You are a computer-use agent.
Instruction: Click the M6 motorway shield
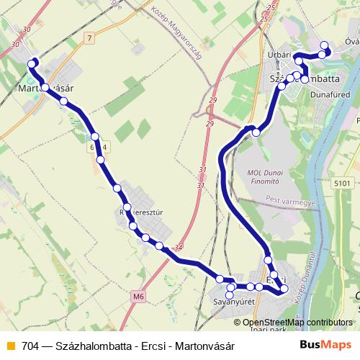point(138,295)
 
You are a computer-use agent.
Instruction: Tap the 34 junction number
point(179,248)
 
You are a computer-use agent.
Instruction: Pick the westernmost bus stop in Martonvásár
point(31,63)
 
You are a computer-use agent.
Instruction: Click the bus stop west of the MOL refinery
point(255,132)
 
